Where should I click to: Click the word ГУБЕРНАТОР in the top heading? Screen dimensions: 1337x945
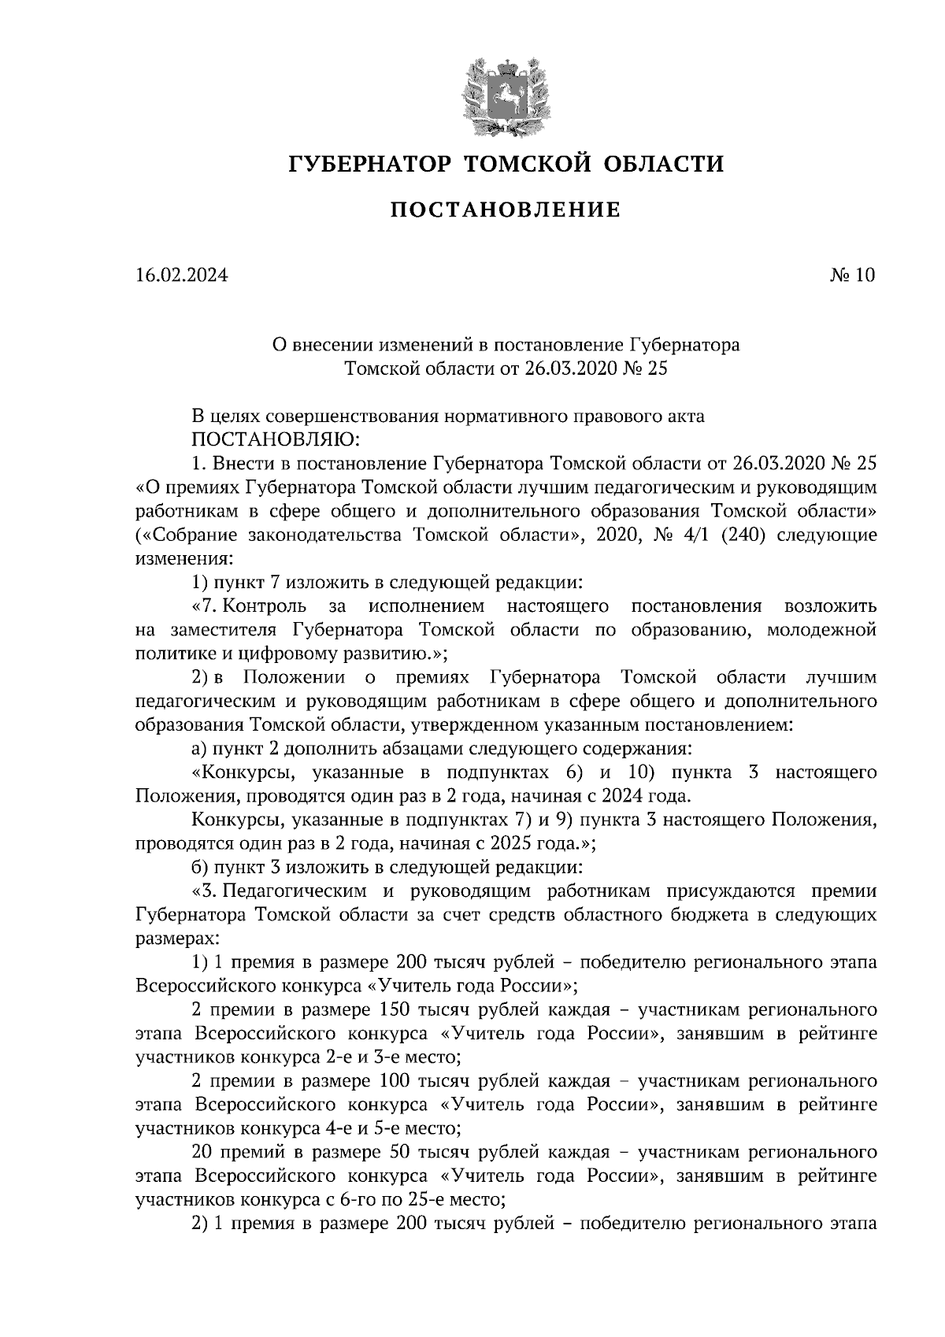(369, 164)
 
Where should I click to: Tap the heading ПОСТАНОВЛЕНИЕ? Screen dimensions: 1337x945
(506, 209)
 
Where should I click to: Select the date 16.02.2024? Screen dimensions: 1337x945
(181, 275)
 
